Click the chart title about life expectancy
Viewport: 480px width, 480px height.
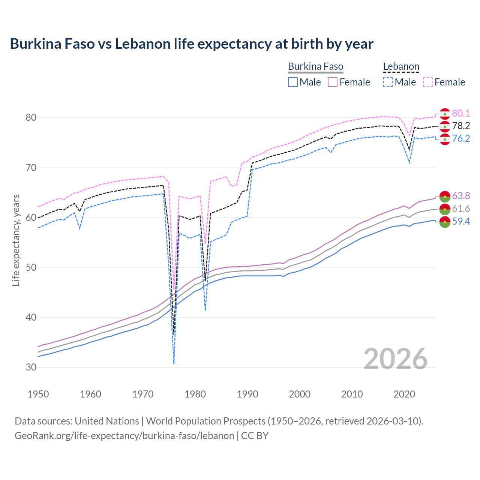(192, 44)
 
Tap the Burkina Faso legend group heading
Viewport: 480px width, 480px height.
(315, 67)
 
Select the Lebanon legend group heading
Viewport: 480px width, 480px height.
(401, 67)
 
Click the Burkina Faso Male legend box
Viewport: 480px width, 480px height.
(293, 82)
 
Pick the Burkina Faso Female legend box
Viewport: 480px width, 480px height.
(333, 82)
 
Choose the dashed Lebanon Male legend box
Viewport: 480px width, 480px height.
(388, 82)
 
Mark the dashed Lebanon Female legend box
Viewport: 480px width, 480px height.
(428, 82)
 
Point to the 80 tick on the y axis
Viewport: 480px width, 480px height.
(31, 118)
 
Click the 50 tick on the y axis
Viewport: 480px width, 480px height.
(31, 267)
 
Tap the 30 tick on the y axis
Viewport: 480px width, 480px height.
(31, 367)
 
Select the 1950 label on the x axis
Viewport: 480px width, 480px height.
(38, 394)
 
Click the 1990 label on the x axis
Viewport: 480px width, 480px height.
(247, 394)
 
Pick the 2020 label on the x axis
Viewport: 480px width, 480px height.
(404, 394)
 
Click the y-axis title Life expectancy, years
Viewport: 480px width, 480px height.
(16, 240)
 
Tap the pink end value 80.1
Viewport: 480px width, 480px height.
(461, 113)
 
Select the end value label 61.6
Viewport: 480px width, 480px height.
(461, 208)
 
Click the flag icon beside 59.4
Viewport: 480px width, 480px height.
(445, 222)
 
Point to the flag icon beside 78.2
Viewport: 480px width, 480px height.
(445, 126)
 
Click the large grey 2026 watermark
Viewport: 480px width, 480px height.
(396, 359)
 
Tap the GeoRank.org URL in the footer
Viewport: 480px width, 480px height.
(124, 436)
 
